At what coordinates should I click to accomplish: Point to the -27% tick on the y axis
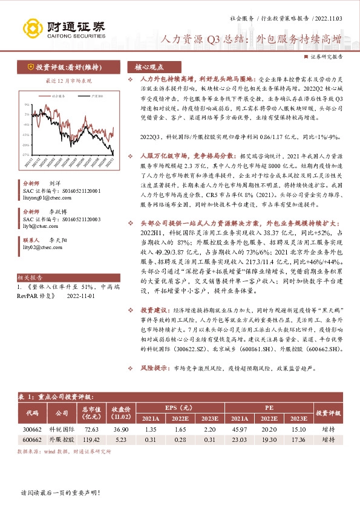pyautogui.click(x=25, y=155)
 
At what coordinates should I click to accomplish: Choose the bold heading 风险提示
pyautogui.click(x=154, y=368)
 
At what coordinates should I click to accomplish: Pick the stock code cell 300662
pyautogui.click(x=32, y=428)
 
